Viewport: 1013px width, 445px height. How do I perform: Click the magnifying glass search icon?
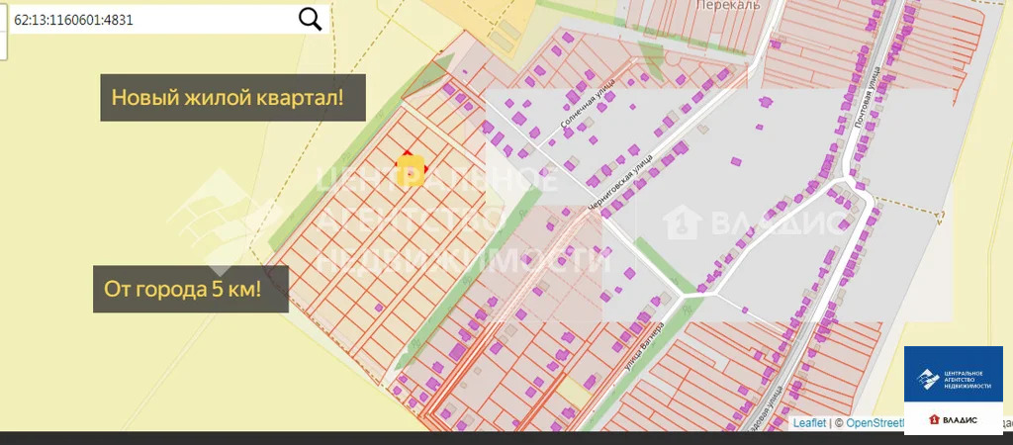point(311,19)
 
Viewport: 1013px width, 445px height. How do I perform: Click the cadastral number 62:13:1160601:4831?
point(73,20)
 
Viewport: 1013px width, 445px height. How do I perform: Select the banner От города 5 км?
point(190,290)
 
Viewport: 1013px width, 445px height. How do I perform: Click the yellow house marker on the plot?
point(411,170)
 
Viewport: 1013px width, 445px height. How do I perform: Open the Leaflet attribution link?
point(809,423)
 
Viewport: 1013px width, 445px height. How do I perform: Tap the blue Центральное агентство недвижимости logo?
point(953,376)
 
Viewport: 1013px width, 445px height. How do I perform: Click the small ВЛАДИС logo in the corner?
point(953,419)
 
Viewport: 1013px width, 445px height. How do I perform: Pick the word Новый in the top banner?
point(139,98)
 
